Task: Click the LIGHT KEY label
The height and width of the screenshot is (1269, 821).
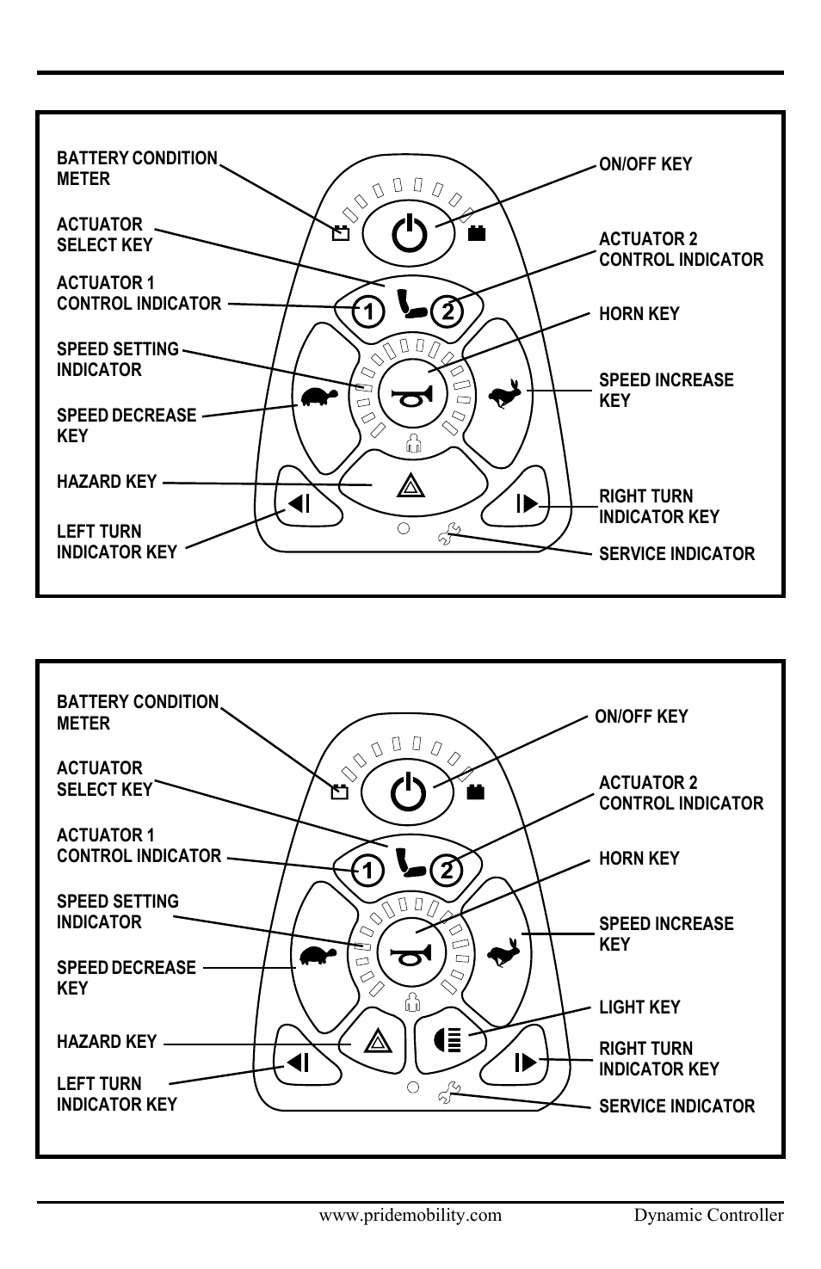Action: (x=639, y=1007)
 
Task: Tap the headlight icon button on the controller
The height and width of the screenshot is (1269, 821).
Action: (x=448, y=1041)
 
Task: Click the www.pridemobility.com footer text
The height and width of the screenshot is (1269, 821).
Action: (x=410, y=1215)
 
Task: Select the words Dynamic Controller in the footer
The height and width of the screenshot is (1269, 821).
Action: (x=708, y=1215)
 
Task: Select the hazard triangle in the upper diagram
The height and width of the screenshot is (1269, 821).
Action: (x=410, y=489)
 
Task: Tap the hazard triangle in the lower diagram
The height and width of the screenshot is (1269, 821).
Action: (x=376, y=1043)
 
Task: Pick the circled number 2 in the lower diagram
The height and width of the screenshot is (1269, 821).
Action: (x=446, y=871)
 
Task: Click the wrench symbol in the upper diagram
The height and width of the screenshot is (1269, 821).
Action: (x=448, y=536)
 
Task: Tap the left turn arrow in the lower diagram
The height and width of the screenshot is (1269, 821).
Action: (x=298, y=1063)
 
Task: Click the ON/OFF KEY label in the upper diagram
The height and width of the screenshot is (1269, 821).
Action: (x=645, y=164)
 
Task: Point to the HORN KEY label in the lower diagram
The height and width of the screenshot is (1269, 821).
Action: (x=639, y=858)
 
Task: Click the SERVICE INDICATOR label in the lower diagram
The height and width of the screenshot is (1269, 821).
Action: (x=676, y=1106)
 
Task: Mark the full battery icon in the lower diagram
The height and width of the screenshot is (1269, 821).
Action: (x=476, y=792)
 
